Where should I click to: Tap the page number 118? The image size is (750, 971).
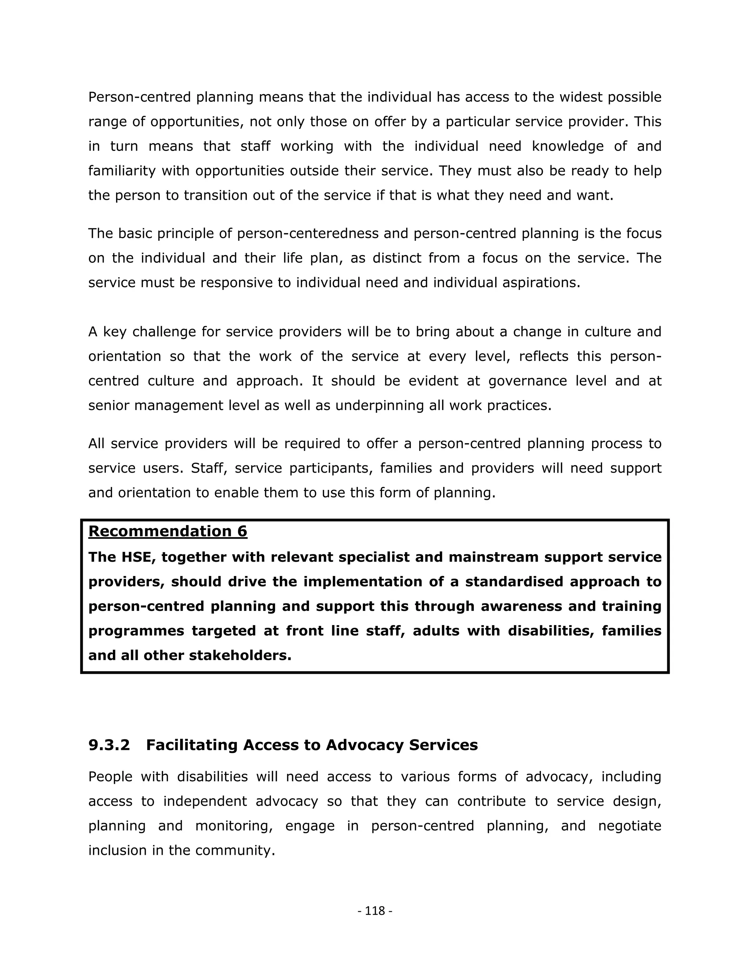click(x=375, y=911)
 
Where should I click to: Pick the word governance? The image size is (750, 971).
click(x=528, y=381)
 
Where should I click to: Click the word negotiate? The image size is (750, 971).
click(x=630, y=826)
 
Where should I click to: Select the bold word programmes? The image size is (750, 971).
click(x=136, y=631)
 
